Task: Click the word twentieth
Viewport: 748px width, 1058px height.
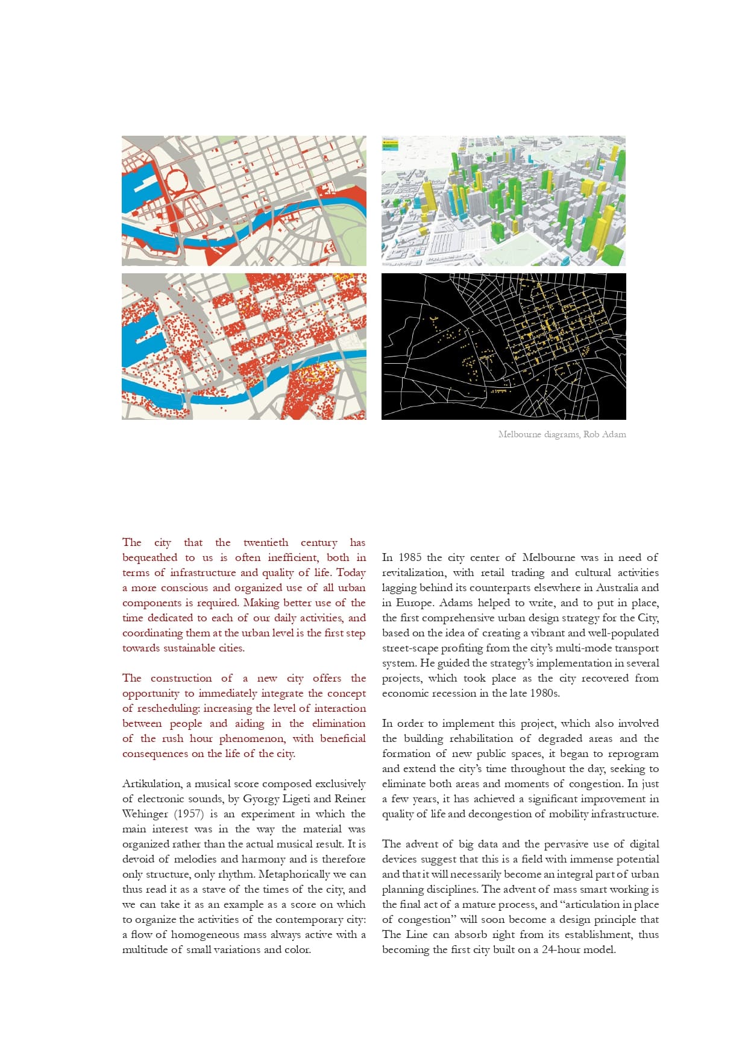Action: (266, 542)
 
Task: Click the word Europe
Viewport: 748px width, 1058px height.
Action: (413, 603)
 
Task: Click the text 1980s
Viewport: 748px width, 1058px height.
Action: (544, 693)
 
